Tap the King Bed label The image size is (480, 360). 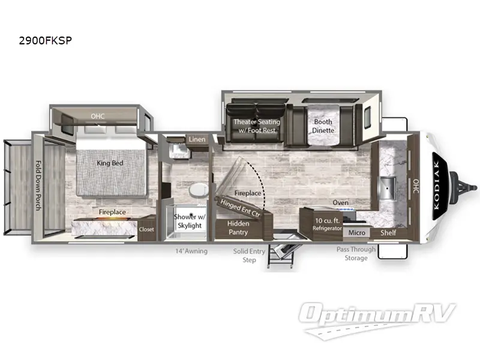point(110,161)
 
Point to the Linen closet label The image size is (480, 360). point(197,140)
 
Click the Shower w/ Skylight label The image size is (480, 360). point(188,221)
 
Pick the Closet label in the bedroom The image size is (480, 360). point(146,229)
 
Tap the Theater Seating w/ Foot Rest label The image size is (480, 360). point(256,126)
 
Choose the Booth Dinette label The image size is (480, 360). point(323,126)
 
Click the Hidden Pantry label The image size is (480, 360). point(238,227)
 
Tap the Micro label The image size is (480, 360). point(357,232)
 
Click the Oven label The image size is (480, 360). point(340,203)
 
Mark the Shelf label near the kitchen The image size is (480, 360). point(388,233)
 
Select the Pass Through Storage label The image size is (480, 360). point(356,254)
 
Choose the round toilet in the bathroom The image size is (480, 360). point(197,191)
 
